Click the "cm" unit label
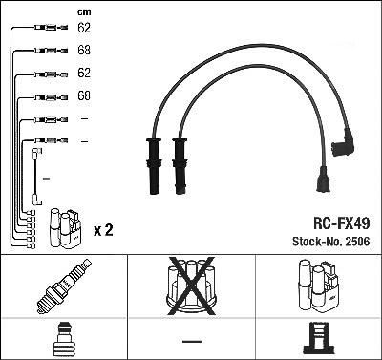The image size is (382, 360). click(84, 12)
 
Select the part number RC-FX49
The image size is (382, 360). click(342, 223)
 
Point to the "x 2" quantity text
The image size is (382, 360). click(103, 230)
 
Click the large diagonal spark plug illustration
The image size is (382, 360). click(64, 286)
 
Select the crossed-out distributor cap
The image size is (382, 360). click(191, 286)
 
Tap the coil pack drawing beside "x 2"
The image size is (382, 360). click(65, 228)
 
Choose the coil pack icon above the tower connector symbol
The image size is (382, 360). click(319, 286)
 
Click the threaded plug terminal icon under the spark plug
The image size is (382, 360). click(64, 339)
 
